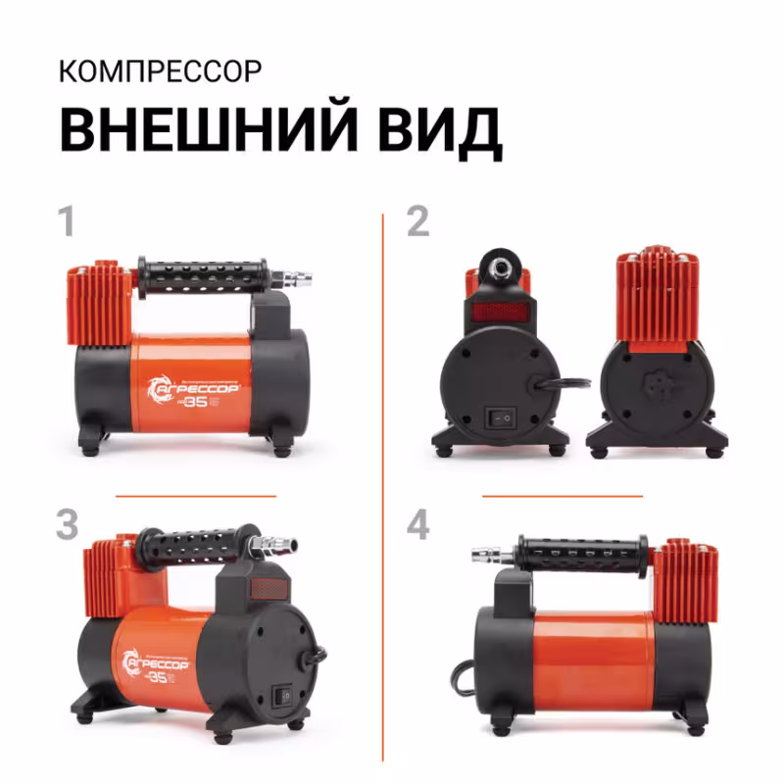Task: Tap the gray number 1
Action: (67, 221)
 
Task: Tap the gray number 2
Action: (418, 221)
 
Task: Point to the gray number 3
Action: (67, 525)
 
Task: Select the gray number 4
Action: (418, 525)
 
